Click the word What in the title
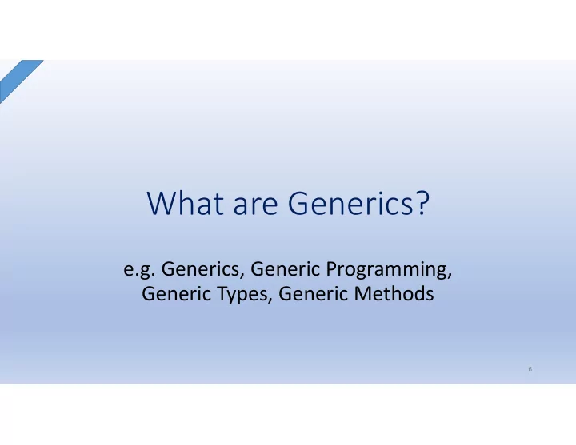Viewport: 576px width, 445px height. click(186, 203)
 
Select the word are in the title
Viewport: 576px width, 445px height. click(256, 206)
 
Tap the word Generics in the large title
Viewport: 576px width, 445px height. click(351, 203)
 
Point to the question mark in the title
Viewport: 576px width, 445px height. click(423, 203)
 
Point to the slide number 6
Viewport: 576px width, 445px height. click(530, 369)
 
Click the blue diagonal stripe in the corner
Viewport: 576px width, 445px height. click(18, 79)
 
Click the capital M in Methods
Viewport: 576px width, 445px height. click(362, 294)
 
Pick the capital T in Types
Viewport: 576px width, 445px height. click(222, 294)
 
